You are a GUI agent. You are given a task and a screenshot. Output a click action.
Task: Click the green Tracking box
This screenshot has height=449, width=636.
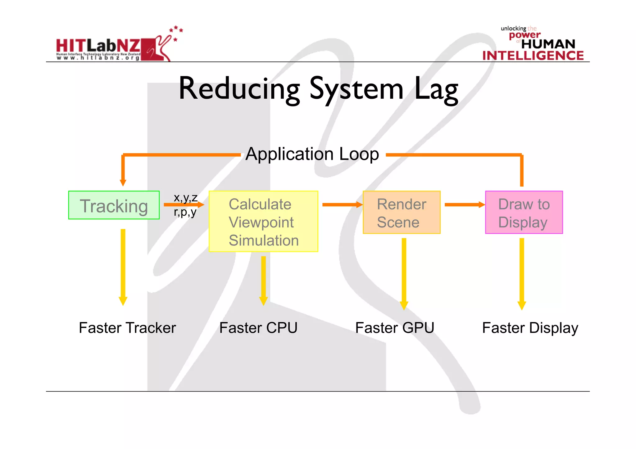pyautogui.click(x=114, y=205)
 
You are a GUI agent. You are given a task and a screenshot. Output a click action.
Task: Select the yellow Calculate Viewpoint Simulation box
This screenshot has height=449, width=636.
pyautogui.click(x=263, y=222)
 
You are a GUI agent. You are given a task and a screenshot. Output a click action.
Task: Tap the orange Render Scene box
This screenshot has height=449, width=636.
pyautogui.click(x=402, y=213)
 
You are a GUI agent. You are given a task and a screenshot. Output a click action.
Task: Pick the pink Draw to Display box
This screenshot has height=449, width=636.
pyautogui.click(x=524, y=213)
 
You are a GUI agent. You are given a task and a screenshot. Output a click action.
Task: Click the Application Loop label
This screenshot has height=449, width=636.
pyautogui.click(x=312, y=154)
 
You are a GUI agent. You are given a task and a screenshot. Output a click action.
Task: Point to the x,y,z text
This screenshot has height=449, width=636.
pyautogui.click(x=185, y=197)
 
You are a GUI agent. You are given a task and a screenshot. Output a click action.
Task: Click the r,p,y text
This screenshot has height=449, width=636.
pyautogui.click(x=185, y=212)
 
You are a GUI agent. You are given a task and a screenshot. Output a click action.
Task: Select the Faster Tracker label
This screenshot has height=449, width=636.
pyautogui.click(x=127, y=328)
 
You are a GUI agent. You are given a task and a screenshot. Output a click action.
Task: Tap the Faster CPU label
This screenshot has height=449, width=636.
pyautogui.click(x=258, y=328)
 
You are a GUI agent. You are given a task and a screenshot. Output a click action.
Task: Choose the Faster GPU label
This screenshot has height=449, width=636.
pyautogui.click(x=395, y=328)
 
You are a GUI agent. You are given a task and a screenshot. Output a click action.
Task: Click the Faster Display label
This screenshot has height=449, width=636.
pyautogui.click(x=530, y=328)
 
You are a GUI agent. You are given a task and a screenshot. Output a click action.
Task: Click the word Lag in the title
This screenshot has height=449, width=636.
pyautogui.click(x=436, y=89)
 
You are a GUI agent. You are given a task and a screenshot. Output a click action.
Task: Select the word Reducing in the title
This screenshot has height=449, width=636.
pyautogui.click(x=239, y=89)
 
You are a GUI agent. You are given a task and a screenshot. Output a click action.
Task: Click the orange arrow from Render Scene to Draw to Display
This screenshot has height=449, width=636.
pyautogui.click(x=464, y=204)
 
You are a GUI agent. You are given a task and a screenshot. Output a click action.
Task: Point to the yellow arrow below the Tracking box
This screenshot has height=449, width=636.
pyautogui.click(x=123, y=267)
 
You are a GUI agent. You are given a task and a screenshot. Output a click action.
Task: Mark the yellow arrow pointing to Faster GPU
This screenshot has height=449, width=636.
pyautogui.click(x=404, y=273)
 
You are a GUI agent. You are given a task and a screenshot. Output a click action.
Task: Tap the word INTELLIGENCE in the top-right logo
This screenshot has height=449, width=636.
pyautogui.click(x=533, y=56)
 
